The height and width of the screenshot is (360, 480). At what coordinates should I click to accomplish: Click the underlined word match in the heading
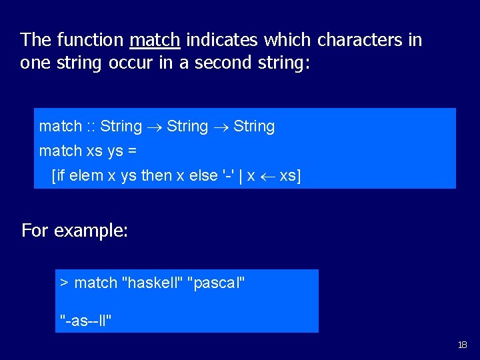(x=155, y=40)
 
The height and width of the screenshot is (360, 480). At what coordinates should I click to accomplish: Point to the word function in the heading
(x=90, y=40)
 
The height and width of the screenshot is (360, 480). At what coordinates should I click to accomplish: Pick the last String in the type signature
(x=254, y=127)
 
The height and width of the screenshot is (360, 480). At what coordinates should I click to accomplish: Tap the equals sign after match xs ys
(x=132, y=151)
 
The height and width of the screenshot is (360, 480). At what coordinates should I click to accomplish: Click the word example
(x=91, y=231)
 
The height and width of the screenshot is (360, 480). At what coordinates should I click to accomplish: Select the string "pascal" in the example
(x=217, y=283)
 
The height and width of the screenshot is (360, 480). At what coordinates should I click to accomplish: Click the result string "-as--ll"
(x=86, y=321)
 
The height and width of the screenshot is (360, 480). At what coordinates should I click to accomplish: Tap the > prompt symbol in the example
(x=65, y=283)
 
